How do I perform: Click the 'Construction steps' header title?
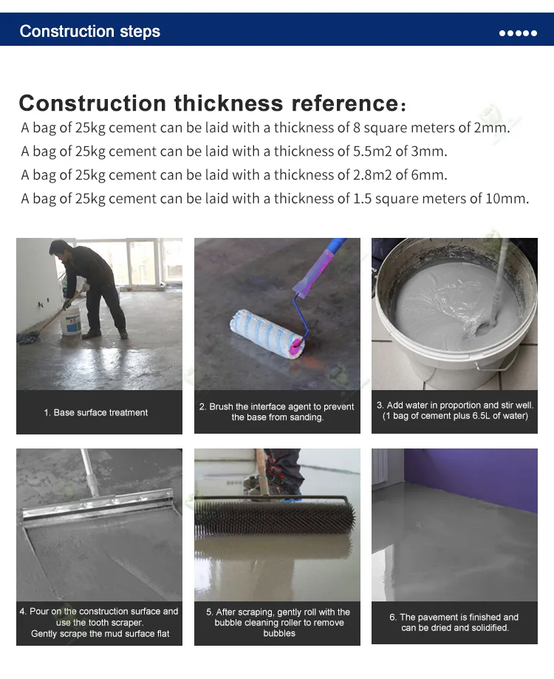(89, 31)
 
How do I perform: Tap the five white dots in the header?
(518, 33)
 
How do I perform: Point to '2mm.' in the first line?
(492, 128)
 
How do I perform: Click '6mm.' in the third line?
(431, 175)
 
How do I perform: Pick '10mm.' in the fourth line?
(509, 199)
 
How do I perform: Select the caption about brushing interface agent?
(277, 412)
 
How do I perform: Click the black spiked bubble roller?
(278, 518)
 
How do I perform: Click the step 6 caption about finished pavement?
(454, 622)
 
